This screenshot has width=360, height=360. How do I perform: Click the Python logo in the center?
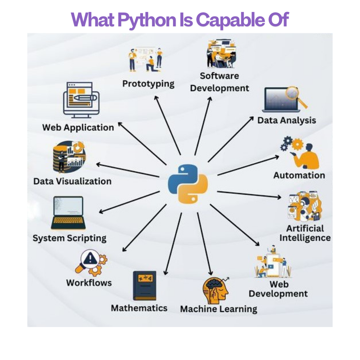pos(188,184)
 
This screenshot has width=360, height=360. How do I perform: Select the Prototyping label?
pos(148,83)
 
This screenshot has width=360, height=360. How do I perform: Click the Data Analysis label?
pos(286,120)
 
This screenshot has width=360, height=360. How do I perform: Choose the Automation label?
pos(299,175)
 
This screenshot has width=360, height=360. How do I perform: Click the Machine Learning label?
pos(219,309)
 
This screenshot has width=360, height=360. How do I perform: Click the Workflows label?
pos(89,283)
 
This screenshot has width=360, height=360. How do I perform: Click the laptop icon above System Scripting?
pos(68,213)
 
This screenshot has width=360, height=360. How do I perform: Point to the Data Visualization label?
pos(72,181)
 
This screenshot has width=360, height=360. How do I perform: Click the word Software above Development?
pos(219,76)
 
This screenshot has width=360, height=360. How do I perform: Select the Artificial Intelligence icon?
pos(304,206)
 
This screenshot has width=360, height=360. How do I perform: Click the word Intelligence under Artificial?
pos(305,238)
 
